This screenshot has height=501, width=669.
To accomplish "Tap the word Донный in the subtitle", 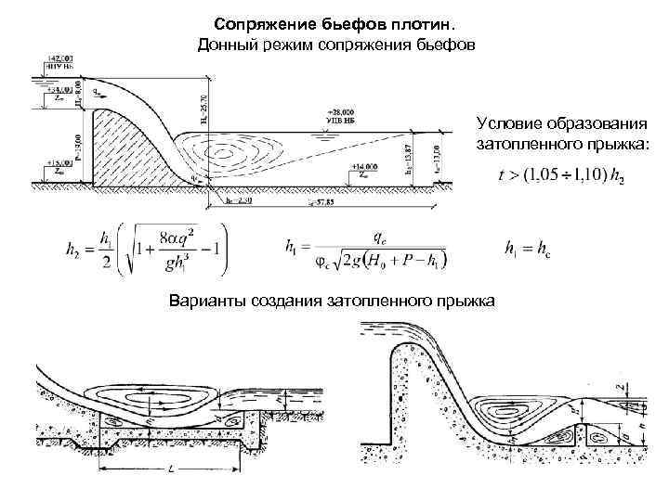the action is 228,45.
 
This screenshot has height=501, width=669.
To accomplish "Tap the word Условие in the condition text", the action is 508,123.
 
